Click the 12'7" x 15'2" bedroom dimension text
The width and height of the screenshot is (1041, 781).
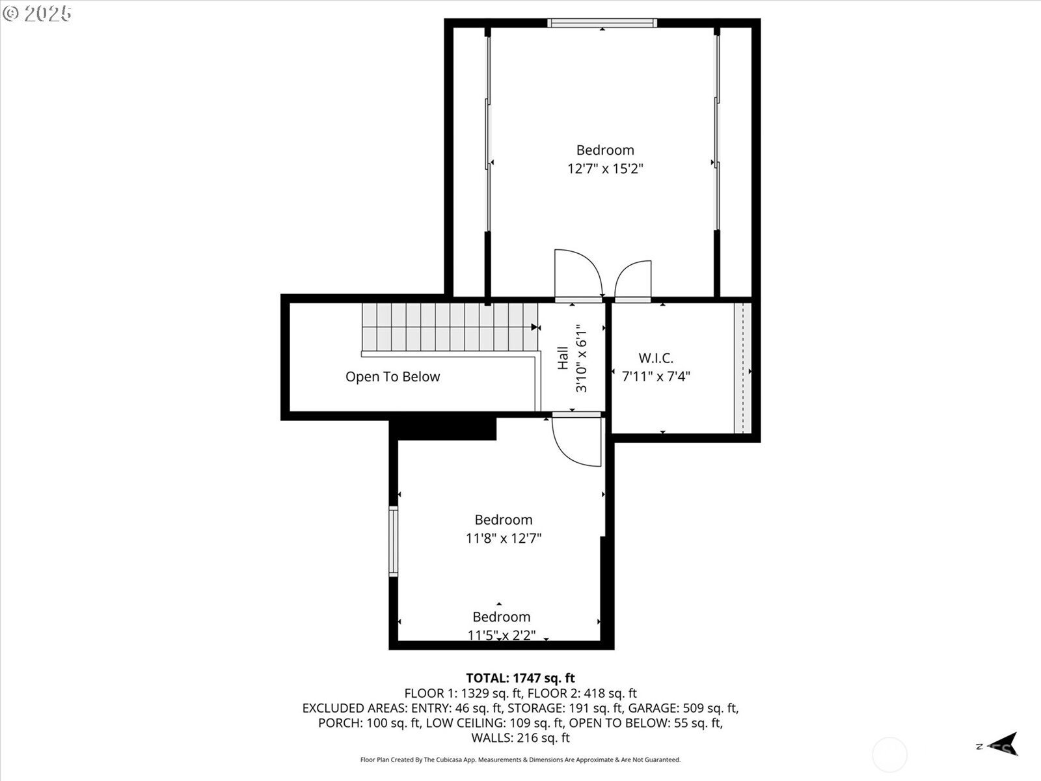[x=605, y=169]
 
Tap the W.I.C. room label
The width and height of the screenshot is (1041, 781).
[x=656, y=358]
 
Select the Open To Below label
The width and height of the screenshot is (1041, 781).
[x=393, y=377]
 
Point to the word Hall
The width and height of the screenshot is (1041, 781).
[x=563, y=358]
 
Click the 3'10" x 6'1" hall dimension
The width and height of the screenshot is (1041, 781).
[x=582, y=358]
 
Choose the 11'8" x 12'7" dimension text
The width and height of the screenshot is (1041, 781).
[x=504, y=539]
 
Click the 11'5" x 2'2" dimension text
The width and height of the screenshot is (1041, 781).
[x=502, y=635]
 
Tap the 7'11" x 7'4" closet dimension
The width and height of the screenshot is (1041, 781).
[x=656, y=377]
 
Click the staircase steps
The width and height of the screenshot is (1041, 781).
[x=450, y=327]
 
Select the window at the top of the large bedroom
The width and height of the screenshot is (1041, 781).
[x=602, y=23]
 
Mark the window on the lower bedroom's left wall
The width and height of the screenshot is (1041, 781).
[x=393, y=541]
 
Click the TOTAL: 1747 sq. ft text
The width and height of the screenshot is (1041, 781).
[x=520, y=678]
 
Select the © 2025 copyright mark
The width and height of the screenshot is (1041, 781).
[x=36, y=14]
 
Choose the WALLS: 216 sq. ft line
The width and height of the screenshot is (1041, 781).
[x=520, y=738]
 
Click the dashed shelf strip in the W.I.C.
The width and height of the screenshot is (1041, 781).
[x=743, y=368]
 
